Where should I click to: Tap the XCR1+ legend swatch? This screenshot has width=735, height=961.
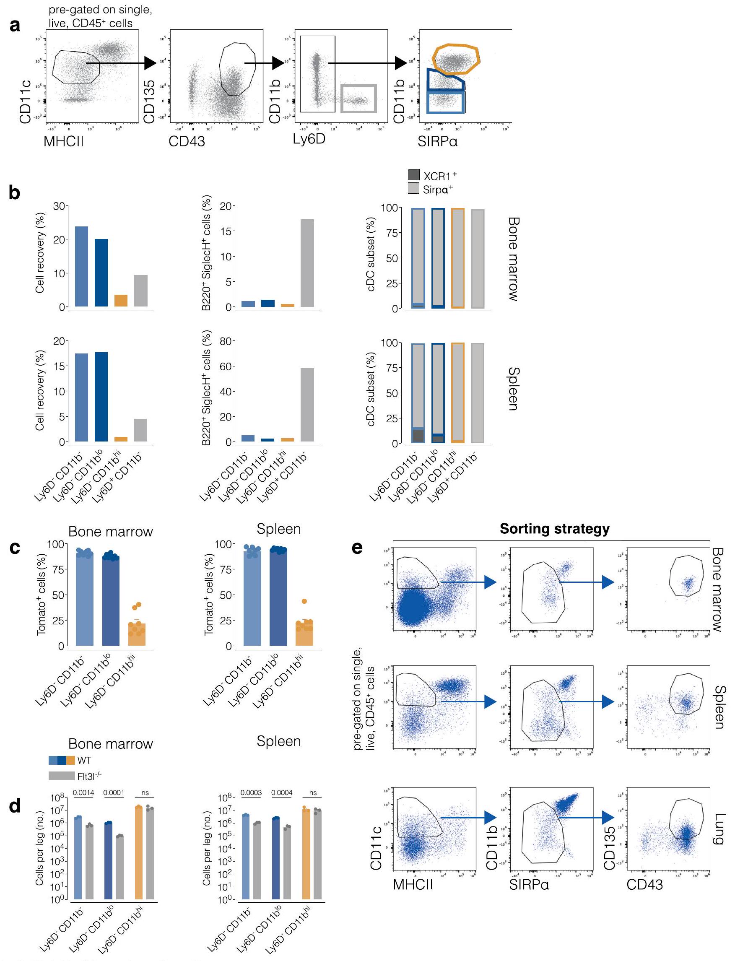[x=413, y=175]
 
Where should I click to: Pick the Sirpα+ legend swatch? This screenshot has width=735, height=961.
[x=413, y=189]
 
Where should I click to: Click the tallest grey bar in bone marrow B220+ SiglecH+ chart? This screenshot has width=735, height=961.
[x=307, y=262]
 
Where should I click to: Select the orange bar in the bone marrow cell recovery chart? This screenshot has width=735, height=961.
[x=121, y=301]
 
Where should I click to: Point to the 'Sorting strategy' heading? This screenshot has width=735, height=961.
[x=554, y=528]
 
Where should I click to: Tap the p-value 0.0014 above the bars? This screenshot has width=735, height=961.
[x=83, y=792]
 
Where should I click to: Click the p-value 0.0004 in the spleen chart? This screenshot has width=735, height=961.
[x=282, y=792]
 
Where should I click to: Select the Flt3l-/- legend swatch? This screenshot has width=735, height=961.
[x=62, y=776]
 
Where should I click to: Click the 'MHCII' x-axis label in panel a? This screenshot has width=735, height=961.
[x=63, y=141]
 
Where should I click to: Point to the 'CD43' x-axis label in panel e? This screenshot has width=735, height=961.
[x=644, y=884]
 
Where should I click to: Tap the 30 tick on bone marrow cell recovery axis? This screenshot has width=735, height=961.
[x=59, y=206]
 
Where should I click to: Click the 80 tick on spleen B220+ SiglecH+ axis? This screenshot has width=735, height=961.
[x=225, y=341]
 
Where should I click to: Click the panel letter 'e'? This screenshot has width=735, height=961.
[x=357, y=547]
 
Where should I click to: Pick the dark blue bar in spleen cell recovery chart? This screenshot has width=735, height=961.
[x=101, y=397]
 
